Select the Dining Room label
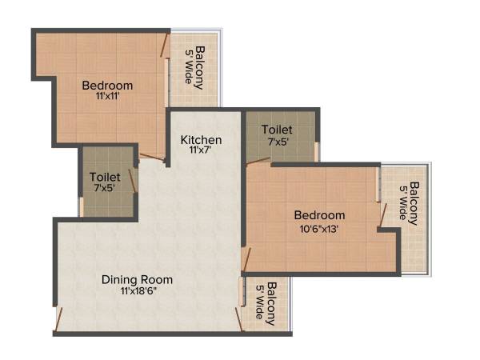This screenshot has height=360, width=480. pyautogui.click(x=137, y=279)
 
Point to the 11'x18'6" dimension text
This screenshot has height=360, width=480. pyautogui.click(x=137, y=291)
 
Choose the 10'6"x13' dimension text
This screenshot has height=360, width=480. pyautogui.click(x=319, y=227)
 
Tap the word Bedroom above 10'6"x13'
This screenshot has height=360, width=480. pyautogui.click(x=319, y=214)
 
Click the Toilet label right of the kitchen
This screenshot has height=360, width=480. pyautogui.click(x=276, y=130)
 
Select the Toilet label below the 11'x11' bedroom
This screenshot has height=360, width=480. pyautogui.click(x=105, y=177)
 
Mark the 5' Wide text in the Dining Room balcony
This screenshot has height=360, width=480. pyautogui.click(x=259, y=303)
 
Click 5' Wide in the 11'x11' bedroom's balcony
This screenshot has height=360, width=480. pyautogui.click(x=189, y=67)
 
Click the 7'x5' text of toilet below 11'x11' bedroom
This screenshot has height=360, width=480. pyautogui.click(x=105, y=189)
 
